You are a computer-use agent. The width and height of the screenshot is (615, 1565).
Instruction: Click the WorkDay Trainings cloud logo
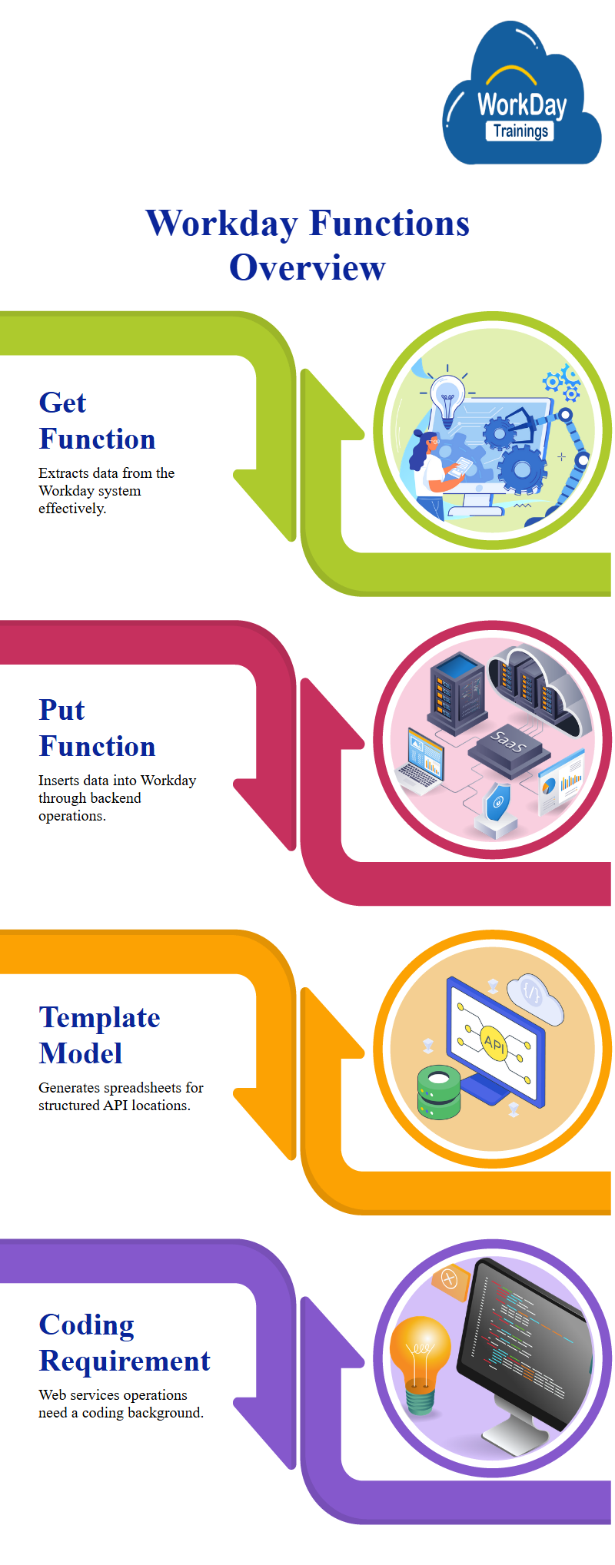pos(522,96)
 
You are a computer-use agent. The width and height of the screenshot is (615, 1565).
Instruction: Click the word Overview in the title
pos(307,267)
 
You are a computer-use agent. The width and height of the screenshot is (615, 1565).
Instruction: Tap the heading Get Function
pos(97,420)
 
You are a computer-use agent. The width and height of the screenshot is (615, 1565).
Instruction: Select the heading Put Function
pos(97,728)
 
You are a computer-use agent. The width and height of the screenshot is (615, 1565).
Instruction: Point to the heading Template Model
pos(99,1035)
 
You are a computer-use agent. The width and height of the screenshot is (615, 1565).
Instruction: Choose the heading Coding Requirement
pos(124,1342)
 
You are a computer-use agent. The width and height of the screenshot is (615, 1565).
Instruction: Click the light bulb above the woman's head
pos(447,396)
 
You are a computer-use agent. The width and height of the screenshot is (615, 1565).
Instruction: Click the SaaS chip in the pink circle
pos(507,744)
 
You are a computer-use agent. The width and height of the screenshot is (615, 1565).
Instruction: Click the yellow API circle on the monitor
pos(494,1043)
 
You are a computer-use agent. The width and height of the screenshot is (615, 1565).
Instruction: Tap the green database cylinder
pos(438,1092)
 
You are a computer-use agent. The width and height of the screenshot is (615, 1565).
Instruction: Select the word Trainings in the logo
pos(520,131)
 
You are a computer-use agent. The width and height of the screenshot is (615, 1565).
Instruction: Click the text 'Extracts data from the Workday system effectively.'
pos(106,490)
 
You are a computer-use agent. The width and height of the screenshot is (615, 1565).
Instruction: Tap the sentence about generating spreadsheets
pos(121,1096)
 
